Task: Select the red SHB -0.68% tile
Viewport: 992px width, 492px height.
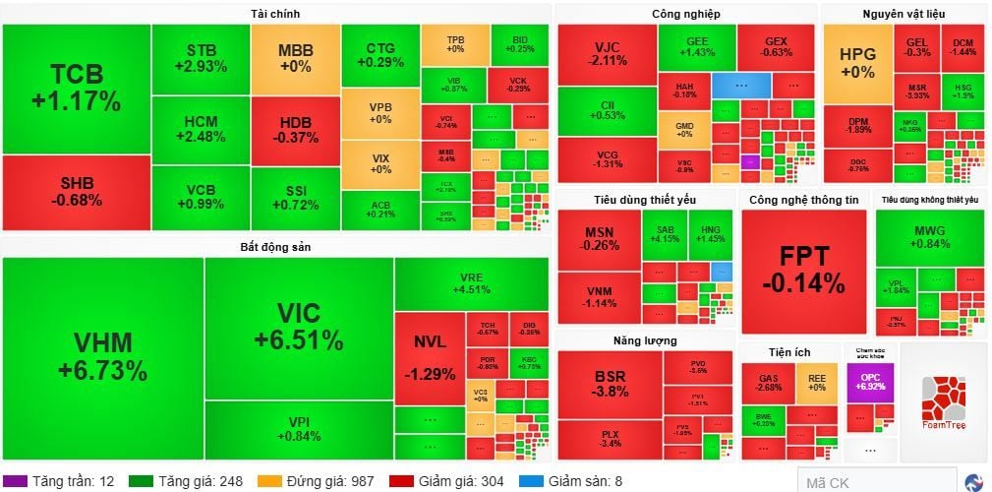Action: tap(76, 193)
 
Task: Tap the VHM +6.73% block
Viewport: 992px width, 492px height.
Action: tap(102, 355)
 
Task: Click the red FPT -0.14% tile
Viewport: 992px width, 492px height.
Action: tap(804, 271)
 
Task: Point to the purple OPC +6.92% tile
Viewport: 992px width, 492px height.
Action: tap(870, 382)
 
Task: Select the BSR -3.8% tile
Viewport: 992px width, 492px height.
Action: tap(610, 383)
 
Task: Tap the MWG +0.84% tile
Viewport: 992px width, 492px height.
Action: tap(930, 237)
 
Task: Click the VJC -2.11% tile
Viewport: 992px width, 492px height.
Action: tap(606, 54)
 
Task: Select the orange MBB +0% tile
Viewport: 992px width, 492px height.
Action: tap(295, 58)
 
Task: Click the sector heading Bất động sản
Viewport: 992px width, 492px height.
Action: tap(275, 246)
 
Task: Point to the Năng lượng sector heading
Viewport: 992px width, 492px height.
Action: tap(645, 340)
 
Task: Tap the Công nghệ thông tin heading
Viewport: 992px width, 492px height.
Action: tap(803, 200)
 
